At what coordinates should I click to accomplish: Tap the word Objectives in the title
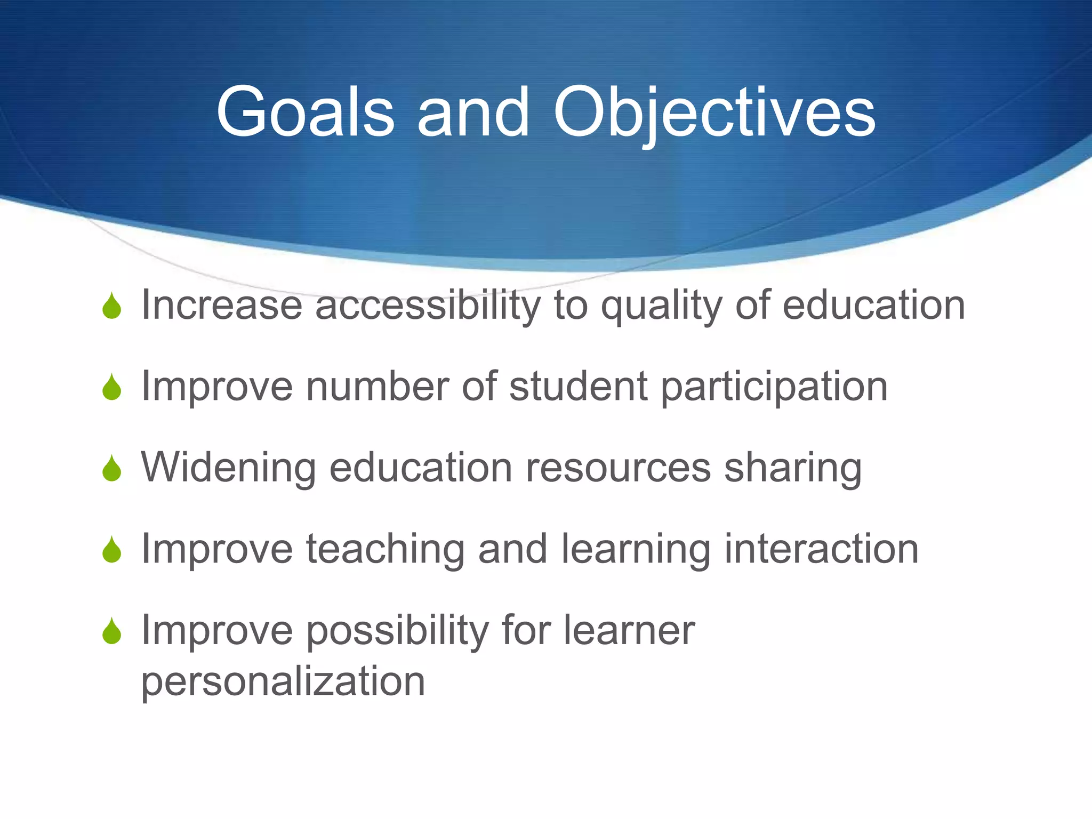point(714,113)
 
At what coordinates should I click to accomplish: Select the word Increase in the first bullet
point(222,305)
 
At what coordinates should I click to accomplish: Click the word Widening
point(228,468)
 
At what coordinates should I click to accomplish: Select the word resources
point(619,468)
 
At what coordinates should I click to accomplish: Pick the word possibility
point(398,631)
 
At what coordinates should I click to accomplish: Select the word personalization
point(283,682)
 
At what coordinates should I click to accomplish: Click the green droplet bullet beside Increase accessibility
point(112,307)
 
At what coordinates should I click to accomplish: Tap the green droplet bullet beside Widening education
point(112,469)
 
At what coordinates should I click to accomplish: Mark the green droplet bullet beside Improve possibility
point(112,632)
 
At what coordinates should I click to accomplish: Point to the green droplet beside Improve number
point(112,388)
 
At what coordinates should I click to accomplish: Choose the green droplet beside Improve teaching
point(112,550)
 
